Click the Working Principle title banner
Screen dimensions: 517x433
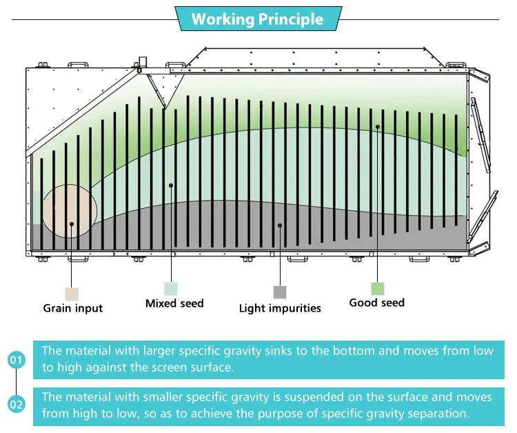pyautogui.click(x=258, y=19)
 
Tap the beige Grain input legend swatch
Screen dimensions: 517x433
pyautogui.click(x=72, y=294)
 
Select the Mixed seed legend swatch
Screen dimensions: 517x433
pyautogui.click(x=171, y=289)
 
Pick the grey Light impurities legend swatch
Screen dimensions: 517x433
pyautogui.click(x=280, y=292)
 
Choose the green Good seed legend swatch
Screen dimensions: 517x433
pyautogui.click(x=378, y=289)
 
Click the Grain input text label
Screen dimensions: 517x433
pyautogui.click(x=73, y=308)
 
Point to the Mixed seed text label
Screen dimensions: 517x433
pyautogui.click(x=174, y=303)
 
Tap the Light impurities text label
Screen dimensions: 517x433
pyautogui.click(x=280, y=308)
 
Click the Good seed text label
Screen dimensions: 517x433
pyautogui.click(x=377, y=303)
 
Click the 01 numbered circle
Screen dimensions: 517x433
pyautogui.click(x=16, y=359)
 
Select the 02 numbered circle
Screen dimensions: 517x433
pyautogui.click(x=16, y=404)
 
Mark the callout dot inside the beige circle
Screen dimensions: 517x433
pyautogui.click(x=72, y=224)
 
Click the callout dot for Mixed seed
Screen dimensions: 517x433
pyautogui.click(x=171, y=185)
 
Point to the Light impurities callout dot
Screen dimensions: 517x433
pyautogui.click(x=280, y=225)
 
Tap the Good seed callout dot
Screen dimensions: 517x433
pyautogui.click(x=378, y=127)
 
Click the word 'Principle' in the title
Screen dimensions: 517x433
pyautogui.click(x=291, y=19)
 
